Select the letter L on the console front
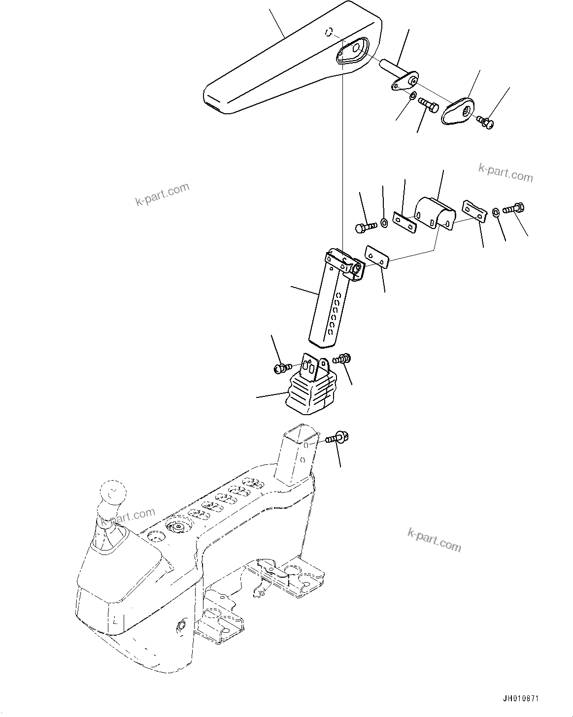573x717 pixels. [x=114, y=622]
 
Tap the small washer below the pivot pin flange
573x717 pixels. [x=412, y=95]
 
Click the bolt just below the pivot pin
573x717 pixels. [x=428, y=105]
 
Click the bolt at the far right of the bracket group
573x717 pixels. [x=514, y=209]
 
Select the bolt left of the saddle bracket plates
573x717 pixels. [x=366, y=227]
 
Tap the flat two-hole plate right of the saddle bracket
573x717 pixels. [x=473, y=211]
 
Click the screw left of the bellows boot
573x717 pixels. [x=282, y=367]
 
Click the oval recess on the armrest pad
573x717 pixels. [x=353, y=50]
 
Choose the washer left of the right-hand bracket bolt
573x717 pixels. [x=496, y=212]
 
